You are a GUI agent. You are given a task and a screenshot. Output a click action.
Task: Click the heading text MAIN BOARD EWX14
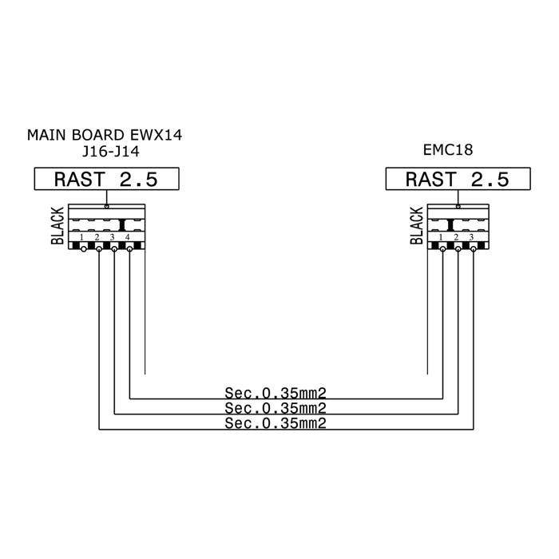pos(105,135)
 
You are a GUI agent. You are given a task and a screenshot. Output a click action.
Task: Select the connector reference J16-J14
pos(111,152)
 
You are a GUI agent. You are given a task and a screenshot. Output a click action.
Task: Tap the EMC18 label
pos(448,150)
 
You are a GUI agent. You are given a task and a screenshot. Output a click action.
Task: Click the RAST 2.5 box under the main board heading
pos(106,179)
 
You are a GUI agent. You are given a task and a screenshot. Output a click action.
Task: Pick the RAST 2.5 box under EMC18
pos(458,179)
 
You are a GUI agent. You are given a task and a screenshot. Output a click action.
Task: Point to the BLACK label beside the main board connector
pos(57,226)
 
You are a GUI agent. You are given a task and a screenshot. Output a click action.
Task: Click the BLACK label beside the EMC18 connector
pos(416,226)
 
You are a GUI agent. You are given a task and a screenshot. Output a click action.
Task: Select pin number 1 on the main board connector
pos(81,237)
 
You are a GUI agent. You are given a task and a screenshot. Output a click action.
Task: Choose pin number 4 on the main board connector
pos(128,237)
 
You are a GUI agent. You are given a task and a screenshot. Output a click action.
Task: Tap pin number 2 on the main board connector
pos(97,237)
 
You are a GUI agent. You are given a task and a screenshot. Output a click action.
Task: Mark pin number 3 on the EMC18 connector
pos(471,237)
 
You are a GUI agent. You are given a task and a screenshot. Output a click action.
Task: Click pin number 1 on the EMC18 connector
pos(441,237)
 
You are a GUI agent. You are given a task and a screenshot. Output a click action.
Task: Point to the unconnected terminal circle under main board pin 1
pos(83,249)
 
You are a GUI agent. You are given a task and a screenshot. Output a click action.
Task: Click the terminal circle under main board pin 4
pos(129,249)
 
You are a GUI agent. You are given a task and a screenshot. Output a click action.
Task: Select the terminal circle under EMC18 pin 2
pos(458,249)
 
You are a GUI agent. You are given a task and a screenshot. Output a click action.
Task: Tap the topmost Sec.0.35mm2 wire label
pos(276,393)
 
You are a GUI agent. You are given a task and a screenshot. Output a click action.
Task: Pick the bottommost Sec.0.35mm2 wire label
pos(276,423)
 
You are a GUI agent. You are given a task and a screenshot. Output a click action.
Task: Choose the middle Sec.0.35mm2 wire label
pos(276,408)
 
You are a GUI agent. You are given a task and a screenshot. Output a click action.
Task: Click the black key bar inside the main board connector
pos(122,225)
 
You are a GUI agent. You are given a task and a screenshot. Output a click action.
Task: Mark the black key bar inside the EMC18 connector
pos(450,225)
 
